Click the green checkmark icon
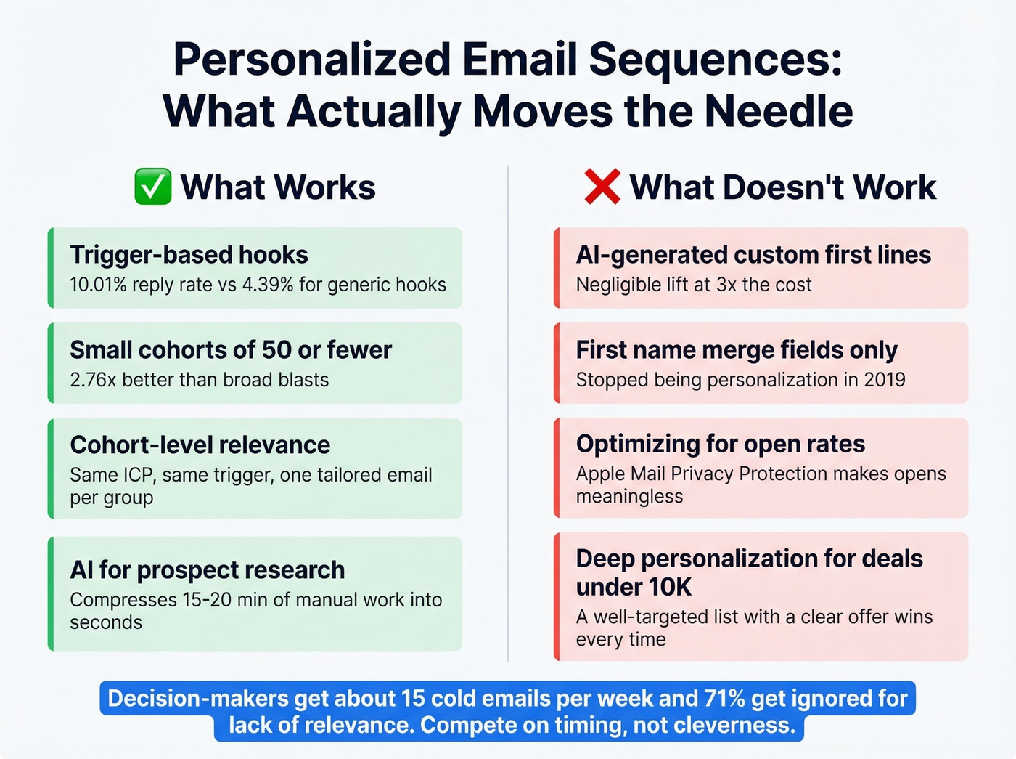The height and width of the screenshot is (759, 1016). [153, 187]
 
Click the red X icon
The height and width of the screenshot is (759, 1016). [602, 187]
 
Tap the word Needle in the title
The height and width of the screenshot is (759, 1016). [778, 111]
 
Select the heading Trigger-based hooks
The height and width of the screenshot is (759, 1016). [189, 255]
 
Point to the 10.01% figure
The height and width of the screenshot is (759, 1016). [98, 285]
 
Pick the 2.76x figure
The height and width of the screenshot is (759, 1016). [93, 380]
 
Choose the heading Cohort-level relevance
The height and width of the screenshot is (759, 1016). [200, 445]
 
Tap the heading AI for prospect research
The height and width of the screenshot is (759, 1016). [207, 570]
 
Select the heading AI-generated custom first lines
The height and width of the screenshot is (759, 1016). [753, 255]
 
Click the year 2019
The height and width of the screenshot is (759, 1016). [884, 380]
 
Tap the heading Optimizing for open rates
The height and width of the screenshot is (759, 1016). [720, 444]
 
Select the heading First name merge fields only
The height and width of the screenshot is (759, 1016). [737, 350]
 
